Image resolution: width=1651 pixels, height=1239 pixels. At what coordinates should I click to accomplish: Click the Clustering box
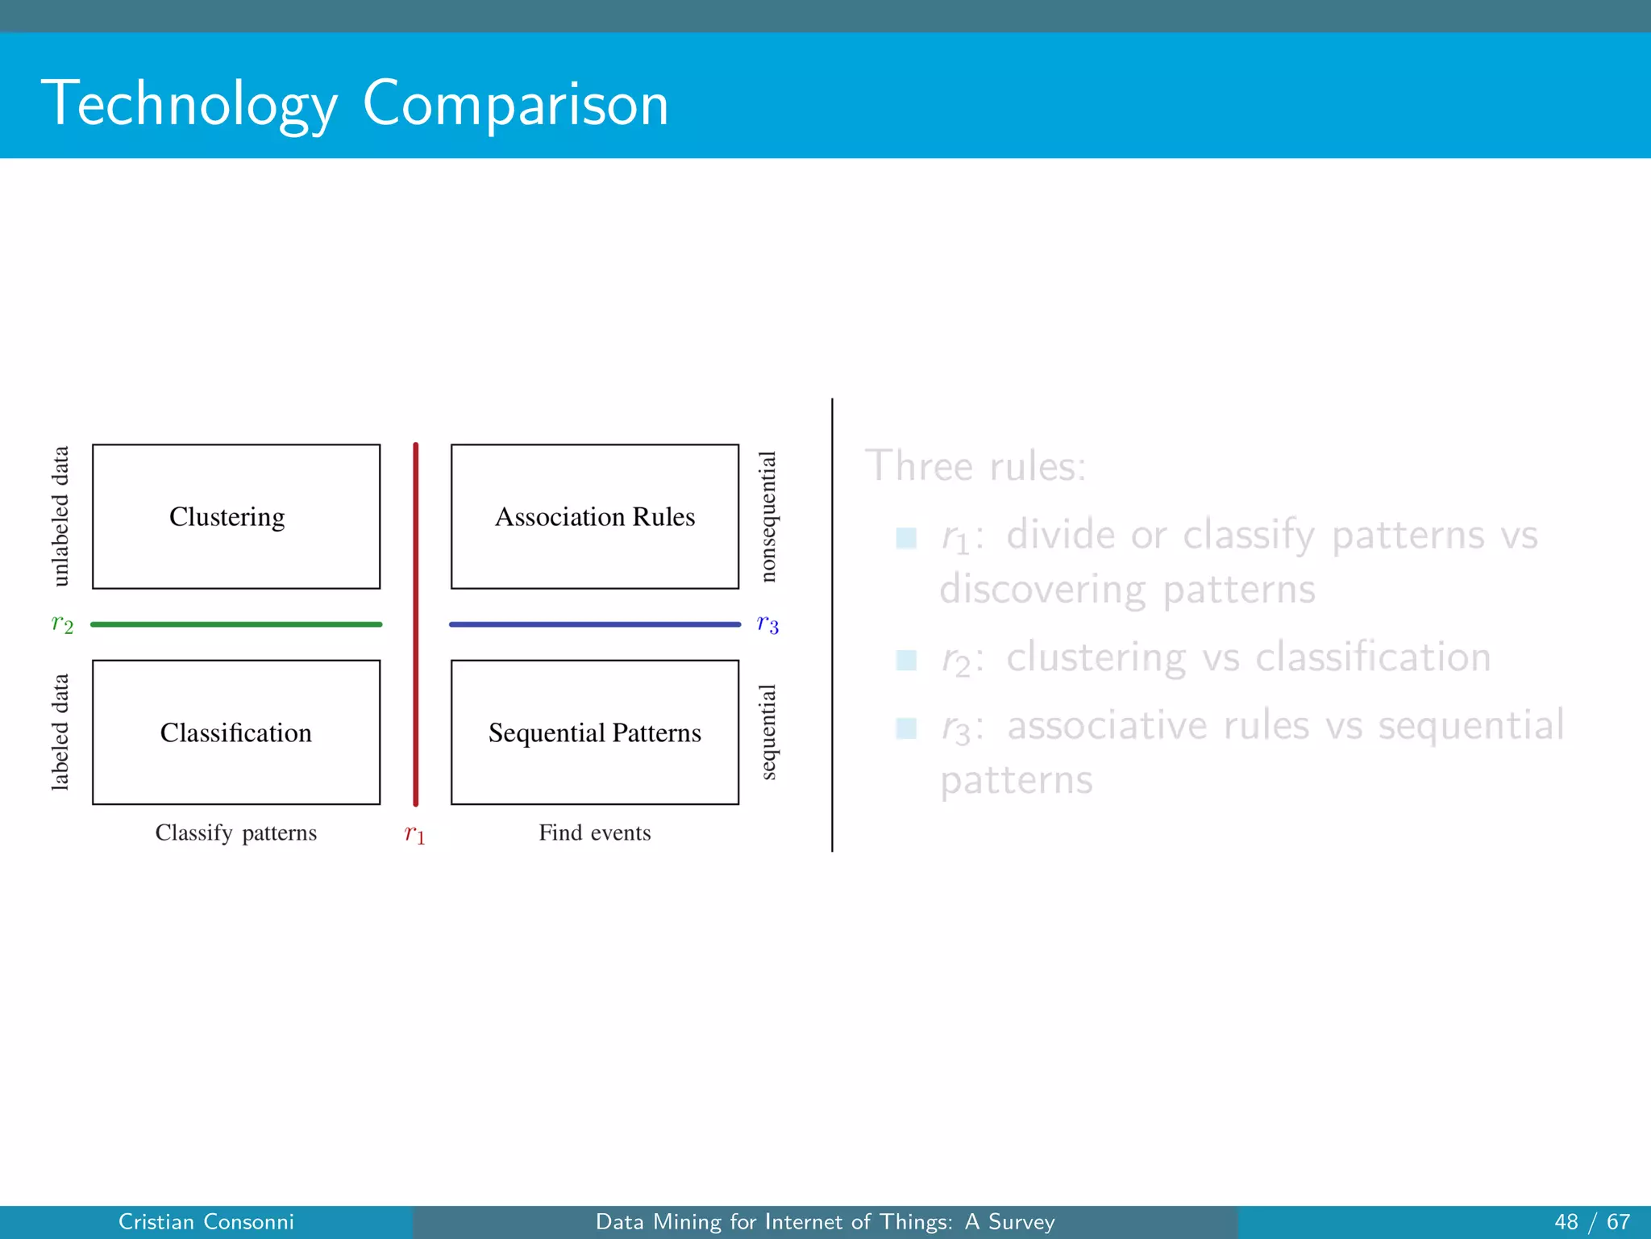(235, 516)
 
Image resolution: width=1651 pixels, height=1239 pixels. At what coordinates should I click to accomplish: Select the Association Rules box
(594, 516)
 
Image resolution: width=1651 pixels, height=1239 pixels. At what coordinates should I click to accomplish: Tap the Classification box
(235, 732)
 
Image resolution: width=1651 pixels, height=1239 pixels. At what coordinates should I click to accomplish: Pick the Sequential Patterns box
(594, 732)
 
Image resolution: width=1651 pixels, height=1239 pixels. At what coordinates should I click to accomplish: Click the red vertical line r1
(416, 565)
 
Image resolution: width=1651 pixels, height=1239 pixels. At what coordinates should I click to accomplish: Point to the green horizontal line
(235, 624)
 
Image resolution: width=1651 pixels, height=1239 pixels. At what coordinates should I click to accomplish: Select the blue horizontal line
(594, 624)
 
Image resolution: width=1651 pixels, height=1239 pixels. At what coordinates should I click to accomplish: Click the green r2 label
(62, 624)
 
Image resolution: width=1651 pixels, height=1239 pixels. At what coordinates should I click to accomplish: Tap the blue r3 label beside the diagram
(767, 624)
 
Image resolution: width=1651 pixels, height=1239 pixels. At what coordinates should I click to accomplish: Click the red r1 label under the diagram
(414, 834)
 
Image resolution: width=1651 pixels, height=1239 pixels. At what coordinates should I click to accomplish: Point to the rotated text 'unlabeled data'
(60, 516)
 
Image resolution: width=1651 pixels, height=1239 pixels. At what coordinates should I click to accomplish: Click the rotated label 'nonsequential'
(768, 516)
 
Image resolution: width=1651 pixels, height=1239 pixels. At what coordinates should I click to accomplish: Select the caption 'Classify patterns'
(235, 832)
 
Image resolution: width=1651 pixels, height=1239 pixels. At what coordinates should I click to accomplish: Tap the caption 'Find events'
(594, 832)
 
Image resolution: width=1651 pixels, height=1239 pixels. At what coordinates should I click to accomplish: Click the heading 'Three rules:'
(975, 466)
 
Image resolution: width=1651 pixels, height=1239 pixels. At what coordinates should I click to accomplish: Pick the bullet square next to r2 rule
(906, 661)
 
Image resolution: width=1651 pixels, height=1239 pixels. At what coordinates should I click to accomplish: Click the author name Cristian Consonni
(206, 1222)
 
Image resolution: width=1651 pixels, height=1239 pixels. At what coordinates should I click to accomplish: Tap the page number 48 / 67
(1591, 1222)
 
